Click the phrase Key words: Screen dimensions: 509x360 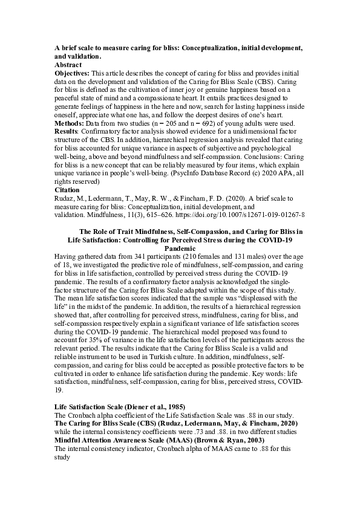tap(234, 375)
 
